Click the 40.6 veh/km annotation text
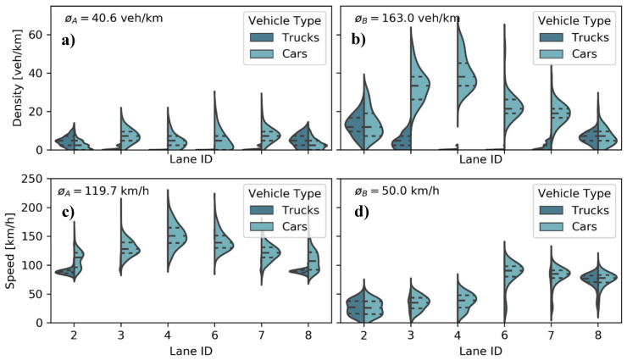pos(108,18)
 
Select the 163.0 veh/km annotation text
pos(392,18)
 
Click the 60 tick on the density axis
pos(38,34)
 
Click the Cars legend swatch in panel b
pos(551,55)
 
